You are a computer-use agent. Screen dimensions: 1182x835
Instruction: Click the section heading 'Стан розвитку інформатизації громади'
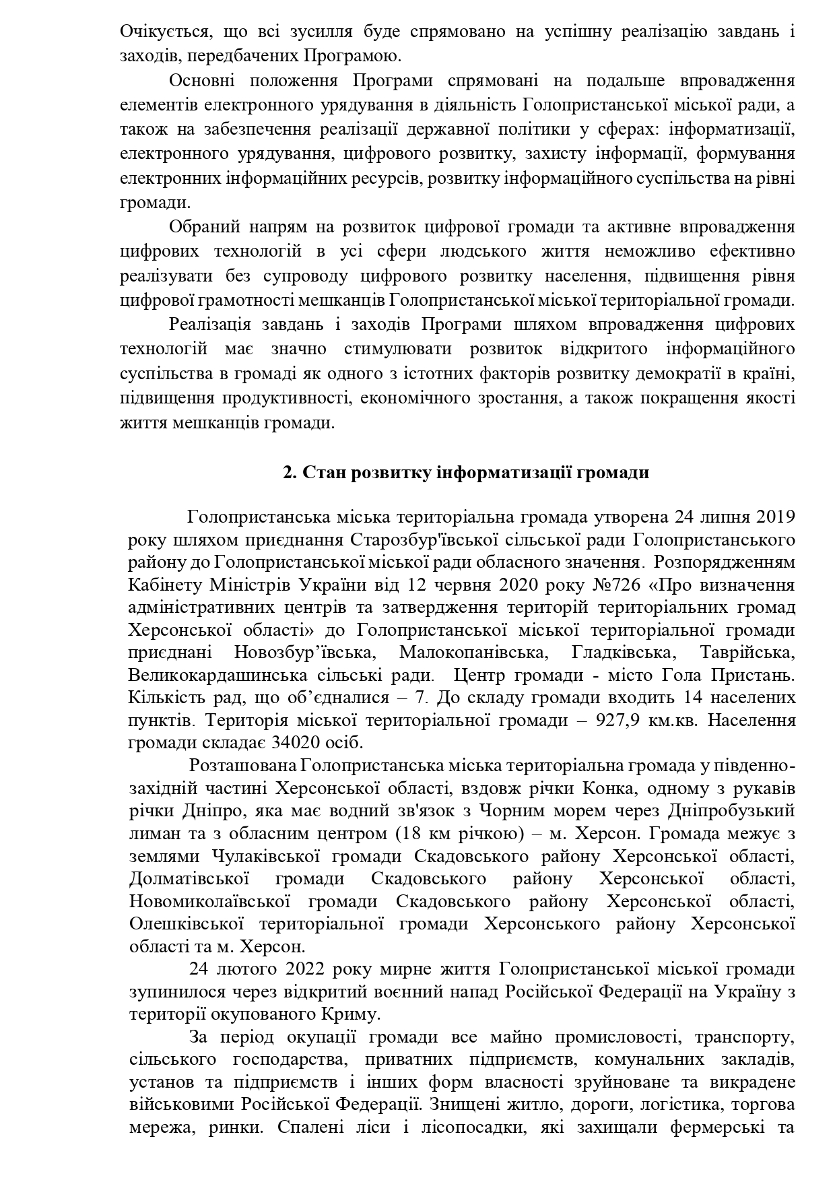click(466, 473)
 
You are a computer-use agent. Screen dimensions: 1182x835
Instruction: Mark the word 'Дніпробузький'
click(734, 811)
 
